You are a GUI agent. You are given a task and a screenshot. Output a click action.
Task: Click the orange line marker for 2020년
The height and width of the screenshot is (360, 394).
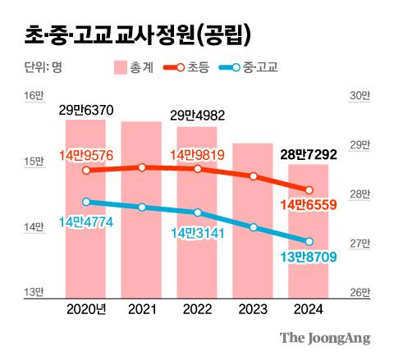[x=85, y=171]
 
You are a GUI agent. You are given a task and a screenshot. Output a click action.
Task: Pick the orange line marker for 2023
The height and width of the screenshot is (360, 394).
[x=254, y=176]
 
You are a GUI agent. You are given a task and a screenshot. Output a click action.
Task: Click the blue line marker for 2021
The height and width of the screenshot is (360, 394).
[x=142, y=207]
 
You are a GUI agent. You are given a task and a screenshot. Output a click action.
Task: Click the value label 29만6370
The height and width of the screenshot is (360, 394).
[x=86, y=109]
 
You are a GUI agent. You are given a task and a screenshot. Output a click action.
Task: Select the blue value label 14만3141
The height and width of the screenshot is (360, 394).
[x=198, y=232]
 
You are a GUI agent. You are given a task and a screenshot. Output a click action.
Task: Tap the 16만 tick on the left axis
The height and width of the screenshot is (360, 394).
[x=34, y=97]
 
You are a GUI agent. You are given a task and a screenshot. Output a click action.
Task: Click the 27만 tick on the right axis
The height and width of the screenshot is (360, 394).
[x=360, y=244]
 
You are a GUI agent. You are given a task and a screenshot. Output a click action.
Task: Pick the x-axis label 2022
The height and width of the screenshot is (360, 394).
[x=197, y=309]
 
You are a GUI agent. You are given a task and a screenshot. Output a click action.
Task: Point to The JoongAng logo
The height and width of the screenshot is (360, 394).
[x=325, y=337]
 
